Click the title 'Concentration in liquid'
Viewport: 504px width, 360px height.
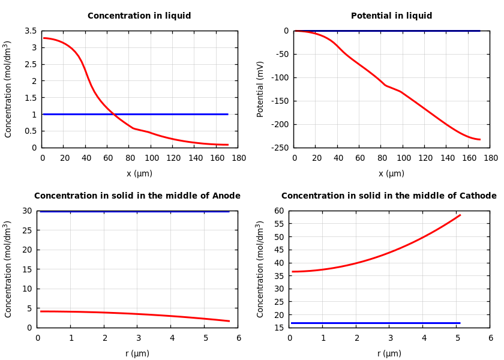139,16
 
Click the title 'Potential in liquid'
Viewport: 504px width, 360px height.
391,16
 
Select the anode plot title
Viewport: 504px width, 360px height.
137,196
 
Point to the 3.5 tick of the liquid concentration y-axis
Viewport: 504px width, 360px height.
30,31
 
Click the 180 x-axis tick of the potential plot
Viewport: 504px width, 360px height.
490,158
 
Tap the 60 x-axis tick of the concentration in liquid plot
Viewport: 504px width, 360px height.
108,158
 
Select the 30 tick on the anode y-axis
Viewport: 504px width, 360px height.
26,211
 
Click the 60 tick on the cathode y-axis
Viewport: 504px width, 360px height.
278,211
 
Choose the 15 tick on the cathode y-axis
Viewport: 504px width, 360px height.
278,328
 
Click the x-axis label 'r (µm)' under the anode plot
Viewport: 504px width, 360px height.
137,353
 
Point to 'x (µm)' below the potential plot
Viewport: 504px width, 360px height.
391,173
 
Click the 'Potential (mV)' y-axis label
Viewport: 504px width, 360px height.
260,89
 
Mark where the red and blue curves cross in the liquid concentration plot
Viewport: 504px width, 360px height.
114,114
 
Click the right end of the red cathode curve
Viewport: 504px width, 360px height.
460,215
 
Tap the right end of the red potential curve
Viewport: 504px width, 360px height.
480,140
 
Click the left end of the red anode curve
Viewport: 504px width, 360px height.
41,311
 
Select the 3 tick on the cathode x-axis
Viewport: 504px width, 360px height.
389,338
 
